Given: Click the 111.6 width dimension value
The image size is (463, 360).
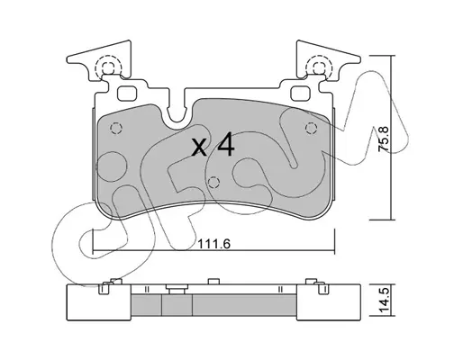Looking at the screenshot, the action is [213, 244].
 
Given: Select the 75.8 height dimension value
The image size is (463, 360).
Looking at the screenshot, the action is [384, 139].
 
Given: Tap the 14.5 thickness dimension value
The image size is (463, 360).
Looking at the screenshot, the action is [384, 300].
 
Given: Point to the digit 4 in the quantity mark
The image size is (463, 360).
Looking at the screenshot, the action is [225, 146].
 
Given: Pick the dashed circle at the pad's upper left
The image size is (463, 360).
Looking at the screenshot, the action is [116, 129].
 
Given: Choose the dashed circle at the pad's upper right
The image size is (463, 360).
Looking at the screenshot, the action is [312, 129].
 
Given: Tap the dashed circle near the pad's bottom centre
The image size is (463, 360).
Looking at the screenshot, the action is [213, 182].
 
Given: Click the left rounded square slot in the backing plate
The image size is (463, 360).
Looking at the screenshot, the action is [127, 94].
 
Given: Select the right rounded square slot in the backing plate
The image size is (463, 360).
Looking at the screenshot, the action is [301, 93].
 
